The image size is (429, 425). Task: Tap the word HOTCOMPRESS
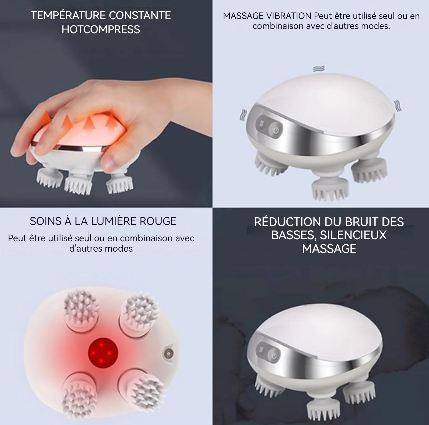[101, 29]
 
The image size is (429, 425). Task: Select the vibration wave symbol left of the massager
[242, 115]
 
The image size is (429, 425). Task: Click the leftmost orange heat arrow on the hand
[46, 119]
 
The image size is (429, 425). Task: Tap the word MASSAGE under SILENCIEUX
[329, 249]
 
